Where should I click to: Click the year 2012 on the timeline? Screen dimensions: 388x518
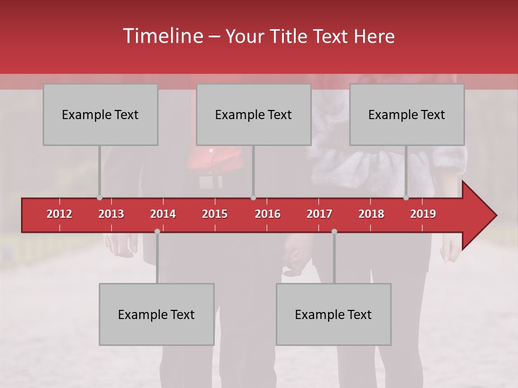click(59, 214)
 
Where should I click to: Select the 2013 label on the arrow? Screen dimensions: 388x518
click(111, 214)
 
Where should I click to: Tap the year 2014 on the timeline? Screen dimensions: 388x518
click(163, 214)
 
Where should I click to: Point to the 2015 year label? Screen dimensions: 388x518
click(215, 214)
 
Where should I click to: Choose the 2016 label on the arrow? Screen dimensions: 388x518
click(268, 214)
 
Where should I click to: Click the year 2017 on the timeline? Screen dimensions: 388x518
click(319, 214)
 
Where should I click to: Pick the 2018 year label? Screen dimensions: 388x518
click(371, 214)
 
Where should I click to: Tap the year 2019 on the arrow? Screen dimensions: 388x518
click(423, 214)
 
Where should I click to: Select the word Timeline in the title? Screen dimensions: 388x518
click(162, 36)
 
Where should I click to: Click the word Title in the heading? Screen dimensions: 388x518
click(290, 37)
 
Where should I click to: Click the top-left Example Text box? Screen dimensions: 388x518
click(100, 114)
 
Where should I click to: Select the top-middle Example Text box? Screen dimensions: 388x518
click(254, 114)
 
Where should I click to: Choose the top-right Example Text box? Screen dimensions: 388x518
click(407, 114)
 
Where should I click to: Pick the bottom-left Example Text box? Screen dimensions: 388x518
click(156, 314)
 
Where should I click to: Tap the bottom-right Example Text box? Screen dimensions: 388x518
click(333, 314)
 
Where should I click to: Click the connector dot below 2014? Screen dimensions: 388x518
click(157, 231)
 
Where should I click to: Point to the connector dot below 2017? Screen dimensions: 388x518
click(334, 231)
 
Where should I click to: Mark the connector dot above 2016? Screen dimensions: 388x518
click(253, 198)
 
